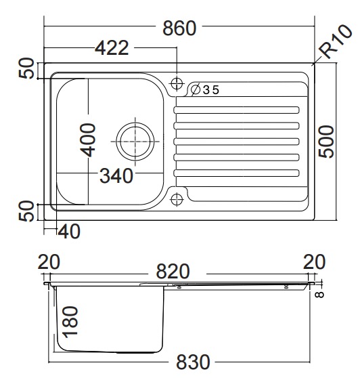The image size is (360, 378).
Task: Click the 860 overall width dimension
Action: tap(179, 28)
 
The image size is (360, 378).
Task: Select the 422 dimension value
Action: tap(112, 48)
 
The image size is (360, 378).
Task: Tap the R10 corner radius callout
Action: tap(335, 41)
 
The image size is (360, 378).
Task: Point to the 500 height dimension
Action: tap(326, 142)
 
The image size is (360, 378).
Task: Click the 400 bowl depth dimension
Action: tap(88, 140)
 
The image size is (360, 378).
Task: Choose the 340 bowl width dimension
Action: tap(116, 175)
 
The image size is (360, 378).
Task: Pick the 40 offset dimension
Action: tap(69, 231)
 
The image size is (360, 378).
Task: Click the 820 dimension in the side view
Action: tap(173, 272)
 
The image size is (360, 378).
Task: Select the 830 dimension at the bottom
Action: tap(193, 362)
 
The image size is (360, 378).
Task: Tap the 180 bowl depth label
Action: tap(70, 322)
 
